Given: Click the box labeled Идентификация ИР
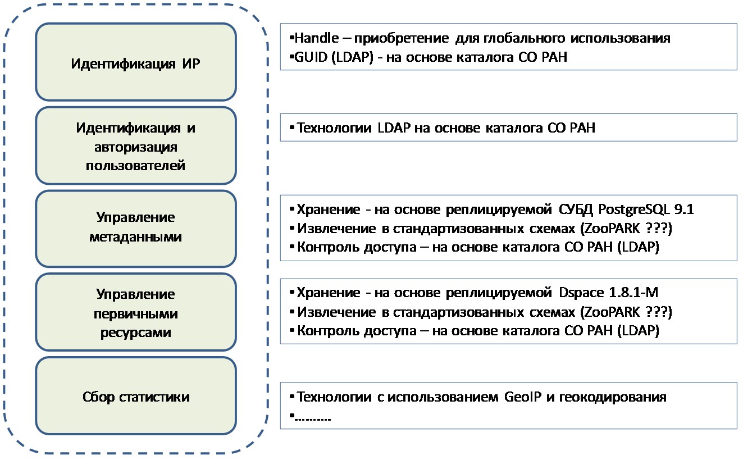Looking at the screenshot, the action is [x=136, y=62].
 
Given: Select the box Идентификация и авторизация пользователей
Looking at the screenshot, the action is [x=136, y=145].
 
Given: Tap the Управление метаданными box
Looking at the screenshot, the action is [x=136, y=229].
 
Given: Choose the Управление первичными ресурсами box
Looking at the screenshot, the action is [x=136, y=312].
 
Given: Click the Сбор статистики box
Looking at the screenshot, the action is [x=136, y=396].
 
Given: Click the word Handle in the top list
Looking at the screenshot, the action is [x=316, y=38].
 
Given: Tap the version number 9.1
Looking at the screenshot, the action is [x=684, y=209].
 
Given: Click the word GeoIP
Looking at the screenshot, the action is [x=523, y=397].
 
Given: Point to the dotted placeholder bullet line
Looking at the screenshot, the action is [x=310, y=417].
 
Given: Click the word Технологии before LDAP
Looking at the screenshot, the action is [x=334, y=128].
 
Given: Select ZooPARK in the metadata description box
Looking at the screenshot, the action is [x=612, y=229].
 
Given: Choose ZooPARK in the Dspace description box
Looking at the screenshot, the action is [x=612, y=312].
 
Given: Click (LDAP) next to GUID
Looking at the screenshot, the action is [x=352, y=57].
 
